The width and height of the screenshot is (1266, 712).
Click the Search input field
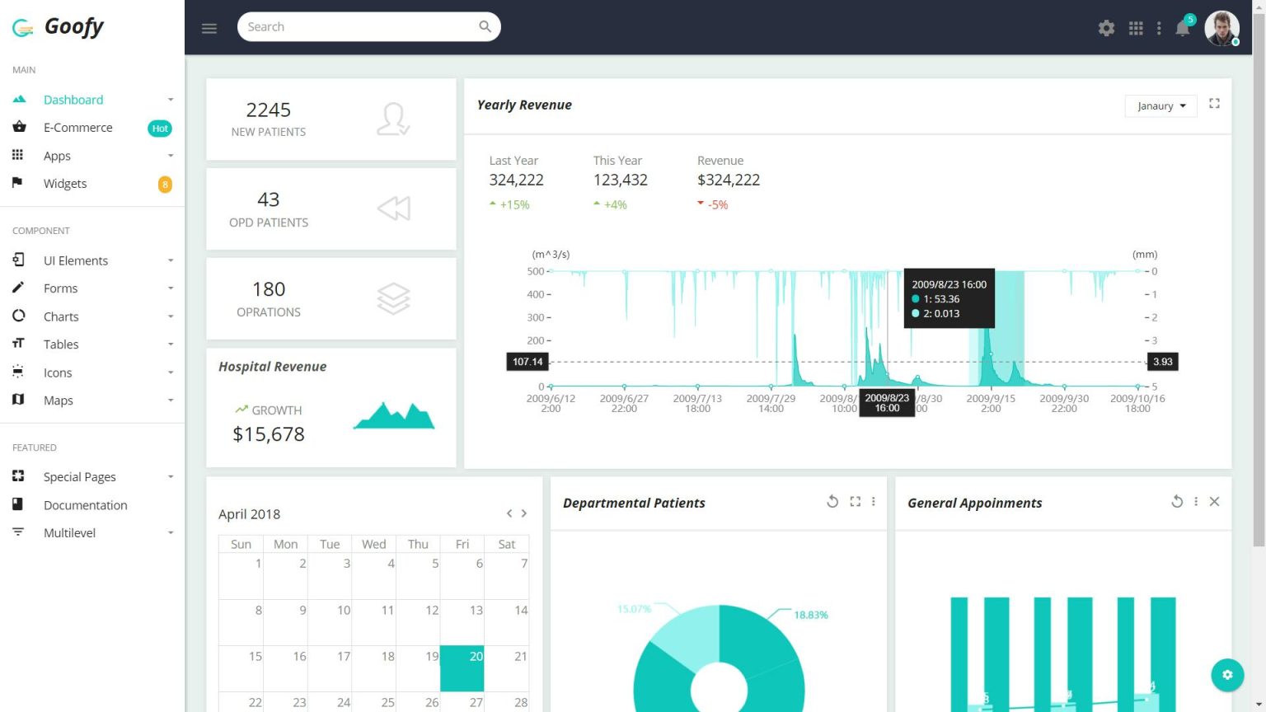[x=359, y=27]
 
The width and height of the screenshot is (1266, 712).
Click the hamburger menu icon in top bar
[x=209, y=28]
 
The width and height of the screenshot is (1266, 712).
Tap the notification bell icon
[x=1182, y=28]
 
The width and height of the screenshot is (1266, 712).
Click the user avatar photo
[x=1221, y=28]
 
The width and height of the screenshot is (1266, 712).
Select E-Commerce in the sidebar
[x=77, y=128]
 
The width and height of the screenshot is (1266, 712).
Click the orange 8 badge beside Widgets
[x=165, y=185]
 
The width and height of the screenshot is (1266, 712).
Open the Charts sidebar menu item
[x=61, y=316]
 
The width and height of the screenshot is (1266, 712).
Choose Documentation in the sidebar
[x=85, y=505]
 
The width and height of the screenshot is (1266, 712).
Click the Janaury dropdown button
[x=1160, y=105]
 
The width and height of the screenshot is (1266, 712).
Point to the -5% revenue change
[x=717, y=205]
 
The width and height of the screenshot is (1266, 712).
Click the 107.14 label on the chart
[x=527, y=362]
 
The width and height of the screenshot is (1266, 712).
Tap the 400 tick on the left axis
[x=536, y=294]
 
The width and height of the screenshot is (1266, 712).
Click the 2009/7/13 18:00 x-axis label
[x=697, y=403]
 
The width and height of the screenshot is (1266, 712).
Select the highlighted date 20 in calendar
[x=462, y=668]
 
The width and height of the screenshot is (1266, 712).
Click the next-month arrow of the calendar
[x=524, y=513]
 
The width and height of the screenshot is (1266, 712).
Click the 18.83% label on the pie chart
[x=810, y=615]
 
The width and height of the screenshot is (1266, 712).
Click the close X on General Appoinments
[x=1214, y=502]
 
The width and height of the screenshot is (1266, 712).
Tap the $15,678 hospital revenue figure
[x=269, y=434]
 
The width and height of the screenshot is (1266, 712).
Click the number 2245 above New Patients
[x=269, y=110]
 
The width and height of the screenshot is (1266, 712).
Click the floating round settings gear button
[x=1226, y=675]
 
